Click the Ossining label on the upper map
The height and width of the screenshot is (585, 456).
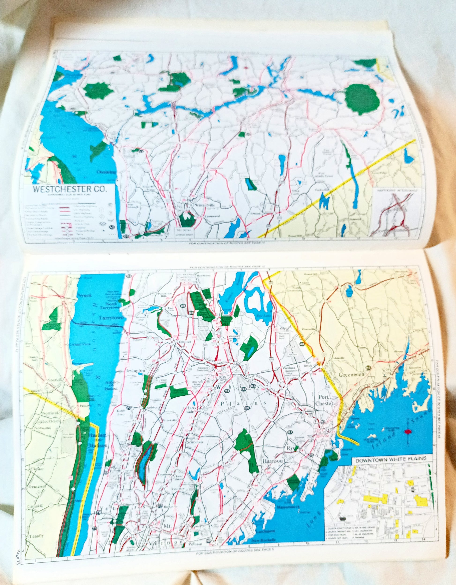pyautogui.click(x=107, y=172)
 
